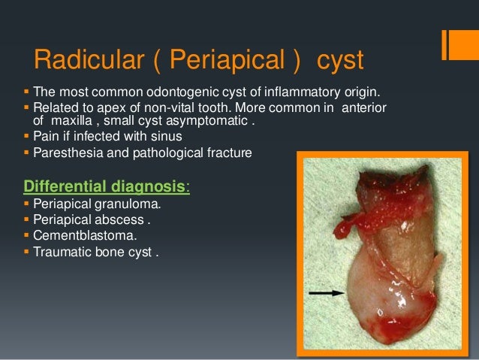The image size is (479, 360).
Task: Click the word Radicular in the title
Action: point(80,59)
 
